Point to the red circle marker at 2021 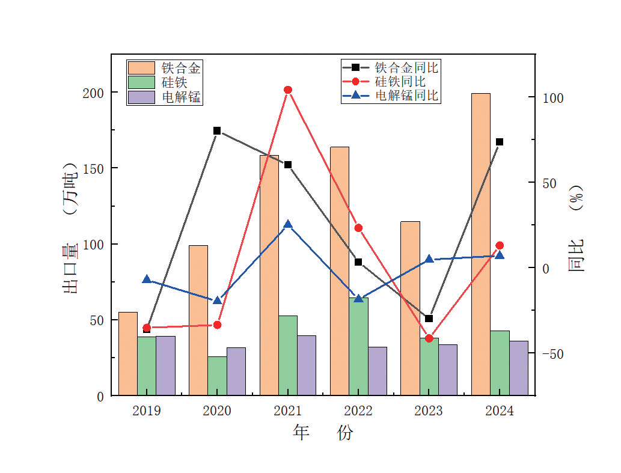click(x=288, y=90)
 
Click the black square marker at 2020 click(x=217, y=130)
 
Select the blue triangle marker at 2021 click(x=288, y=224)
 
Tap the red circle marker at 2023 click(x=429, y=338)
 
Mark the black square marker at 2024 click(x=500, y=142)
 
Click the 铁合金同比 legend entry click(x=391, y=67)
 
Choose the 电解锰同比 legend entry click(x=391, y=95)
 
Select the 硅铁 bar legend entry click(x=157, y=82)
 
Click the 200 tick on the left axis click(x=97, y=93)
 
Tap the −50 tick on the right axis click(x=552, y=353)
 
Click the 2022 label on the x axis click(x=358, y=411)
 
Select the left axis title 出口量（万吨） click(x=71, y=228)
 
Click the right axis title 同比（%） click(x=576, y=228)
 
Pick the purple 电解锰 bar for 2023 click(x=448, y=370)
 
